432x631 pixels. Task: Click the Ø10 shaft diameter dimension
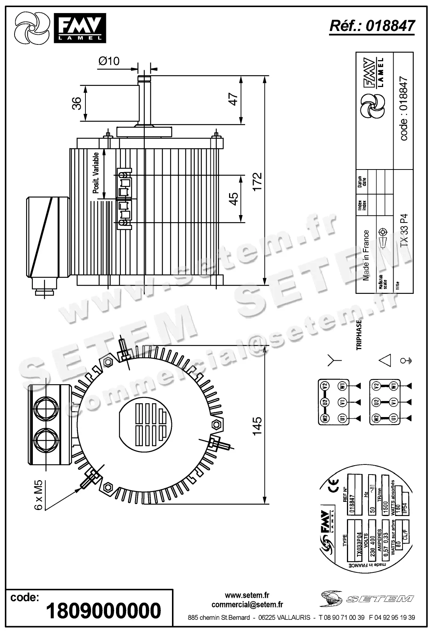coord(109,61)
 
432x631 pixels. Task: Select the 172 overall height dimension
coord(257,181)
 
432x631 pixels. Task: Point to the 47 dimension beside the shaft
coord(233,99)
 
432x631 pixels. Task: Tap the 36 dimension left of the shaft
coord(76,103)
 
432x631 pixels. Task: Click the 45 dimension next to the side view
coord(233,198)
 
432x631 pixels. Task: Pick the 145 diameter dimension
coord(257,426)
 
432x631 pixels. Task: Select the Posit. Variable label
coord(96,172)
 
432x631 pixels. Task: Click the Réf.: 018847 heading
coord(372,26)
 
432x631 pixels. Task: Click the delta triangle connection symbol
coord(385,361)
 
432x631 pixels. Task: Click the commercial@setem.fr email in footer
coord(247,604)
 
